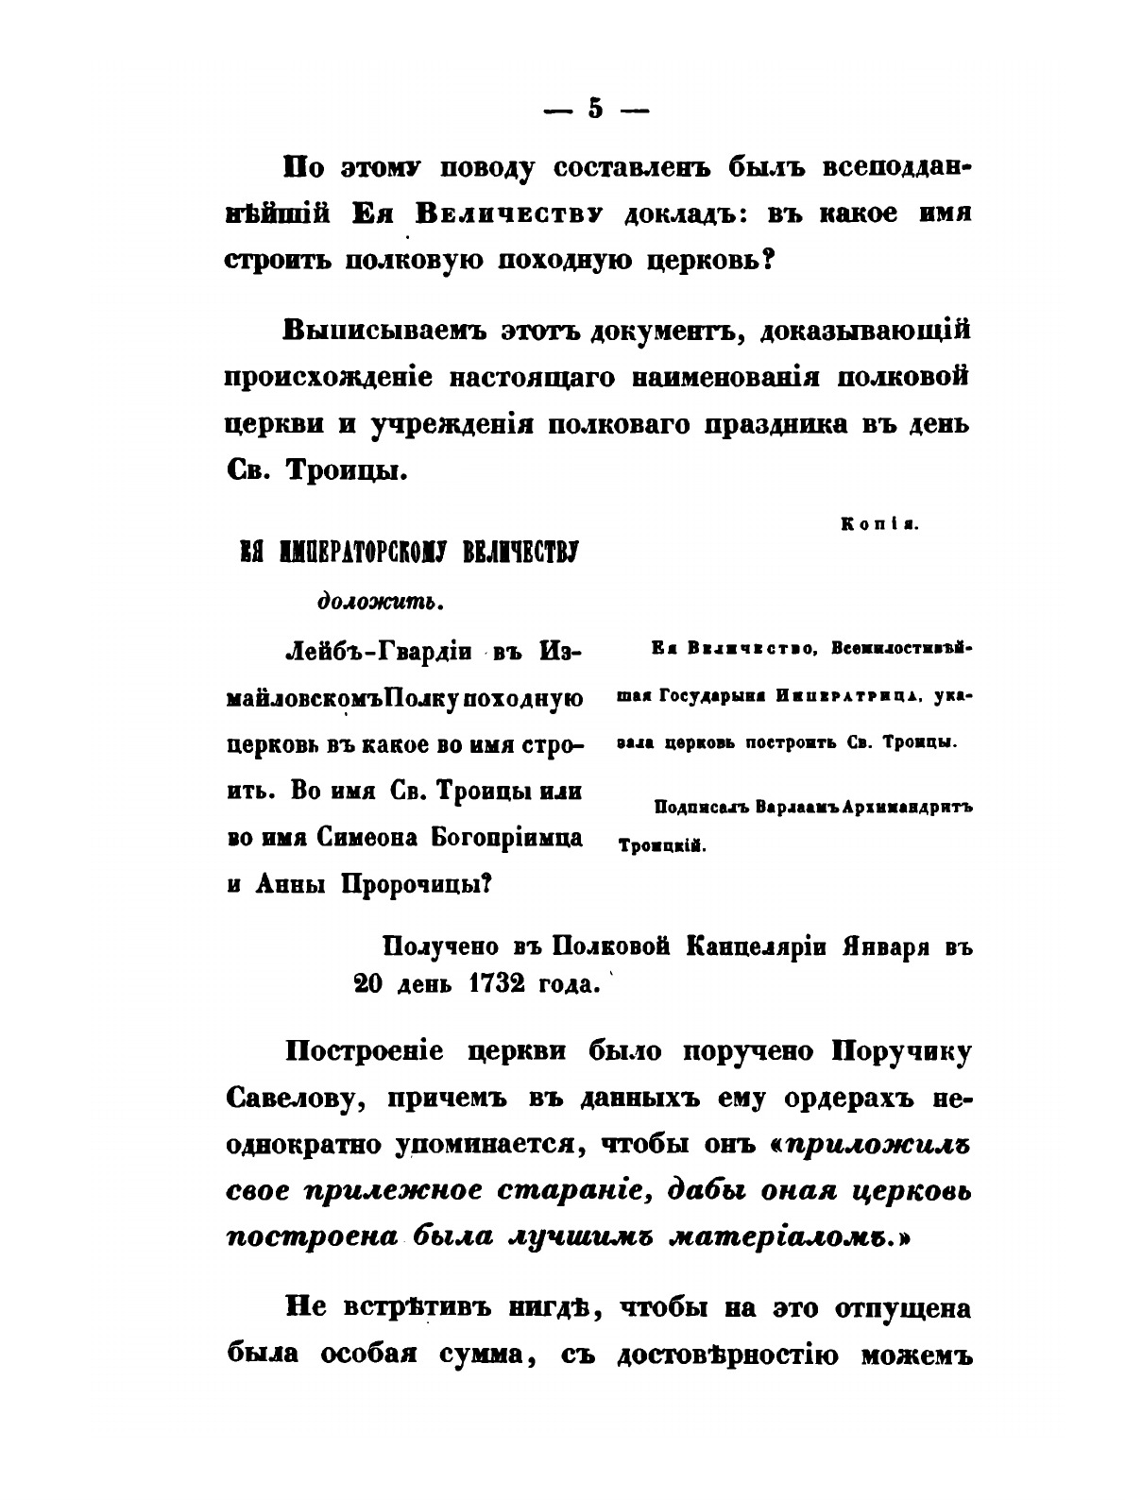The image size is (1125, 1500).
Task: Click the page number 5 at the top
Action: click(x=594, y=109)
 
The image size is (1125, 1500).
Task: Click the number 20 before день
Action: click(x=370, y=983)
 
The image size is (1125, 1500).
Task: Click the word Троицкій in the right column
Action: click(x=662, y=847)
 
